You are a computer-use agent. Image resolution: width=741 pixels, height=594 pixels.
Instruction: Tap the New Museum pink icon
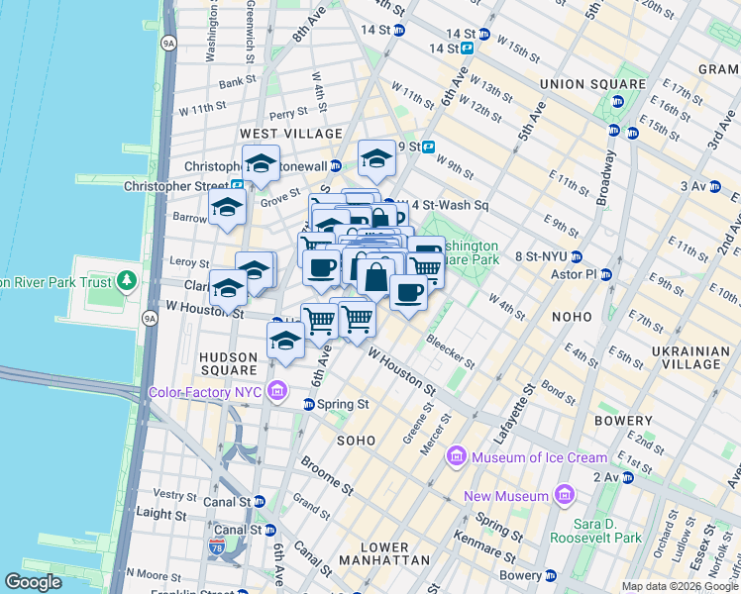(564, 494)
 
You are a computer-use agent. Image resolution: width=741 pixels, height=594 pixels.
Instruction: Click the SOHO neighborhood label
(356, 440)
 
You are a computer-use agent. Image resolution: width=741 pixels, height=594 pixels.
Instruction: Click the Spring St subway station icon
(308, 404)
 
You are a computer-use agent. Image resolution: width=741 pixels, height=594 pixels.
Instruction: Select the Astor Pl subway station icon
(605, 274)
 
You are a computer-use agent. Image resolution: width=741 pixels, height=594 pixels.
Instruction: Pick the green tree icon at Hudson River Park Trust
(126, 281)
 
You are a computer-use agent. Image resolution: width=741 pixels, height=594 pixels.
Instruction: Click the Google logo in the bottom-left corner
(33, 582)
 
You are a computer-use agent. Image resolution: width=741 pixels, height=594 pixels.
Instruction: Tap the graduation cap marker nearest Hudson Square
(285, 341)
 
